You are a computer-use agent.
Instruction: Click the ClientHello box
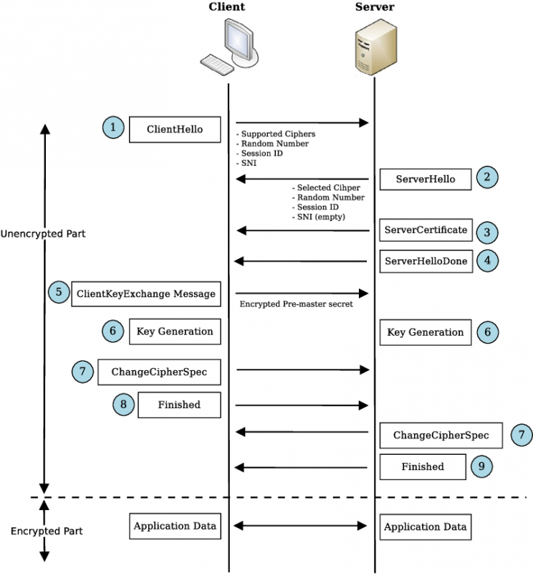(175, 129)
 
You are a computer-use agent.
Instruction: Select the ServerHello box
(426, 179)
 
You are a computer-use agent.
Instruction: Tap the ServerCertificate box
(426, 230)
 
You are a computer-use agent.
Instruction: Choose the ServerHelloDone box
(426, 261)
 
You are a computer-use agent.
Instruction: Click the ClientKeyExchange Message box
(145, 294)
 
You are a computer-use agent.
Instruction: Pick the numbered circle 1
(112, 128)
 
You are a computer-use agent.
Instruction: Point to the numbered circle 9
(482, 467)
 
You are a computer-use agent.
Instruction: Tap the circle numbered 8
(123, 405)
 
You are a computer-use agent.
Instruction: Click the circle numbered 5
(58, 293)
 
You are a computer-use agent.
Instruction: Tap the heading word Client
(227, 7)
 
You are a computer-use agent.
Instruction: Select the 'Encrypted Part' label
(47, 531)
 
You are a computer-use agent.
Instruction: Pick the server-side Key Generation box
(426, 332)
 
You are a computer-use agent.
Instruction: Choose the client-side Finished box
(179, 405)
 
